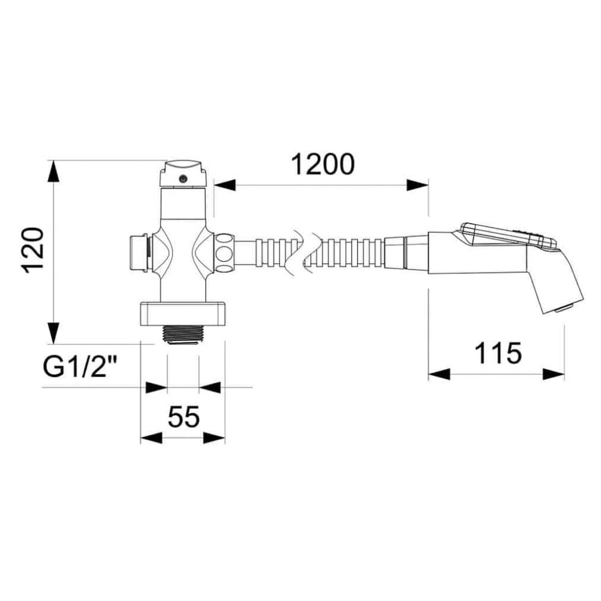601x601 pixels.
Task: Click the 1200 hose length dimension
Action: pyautogui.click(x=323, y=164)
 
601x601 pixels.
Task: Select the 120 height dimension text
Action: pyautogui.click(x=33, y=251)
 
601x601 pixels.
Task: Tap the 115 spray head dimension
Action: pyautogui.click(x=498, y=353)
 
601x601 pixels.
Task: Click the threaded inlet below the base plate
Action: pyautogui.click(x=183, y=335)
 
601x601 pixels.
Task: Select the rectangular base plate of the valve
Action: pyautogui.click(x=183, y=313)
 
